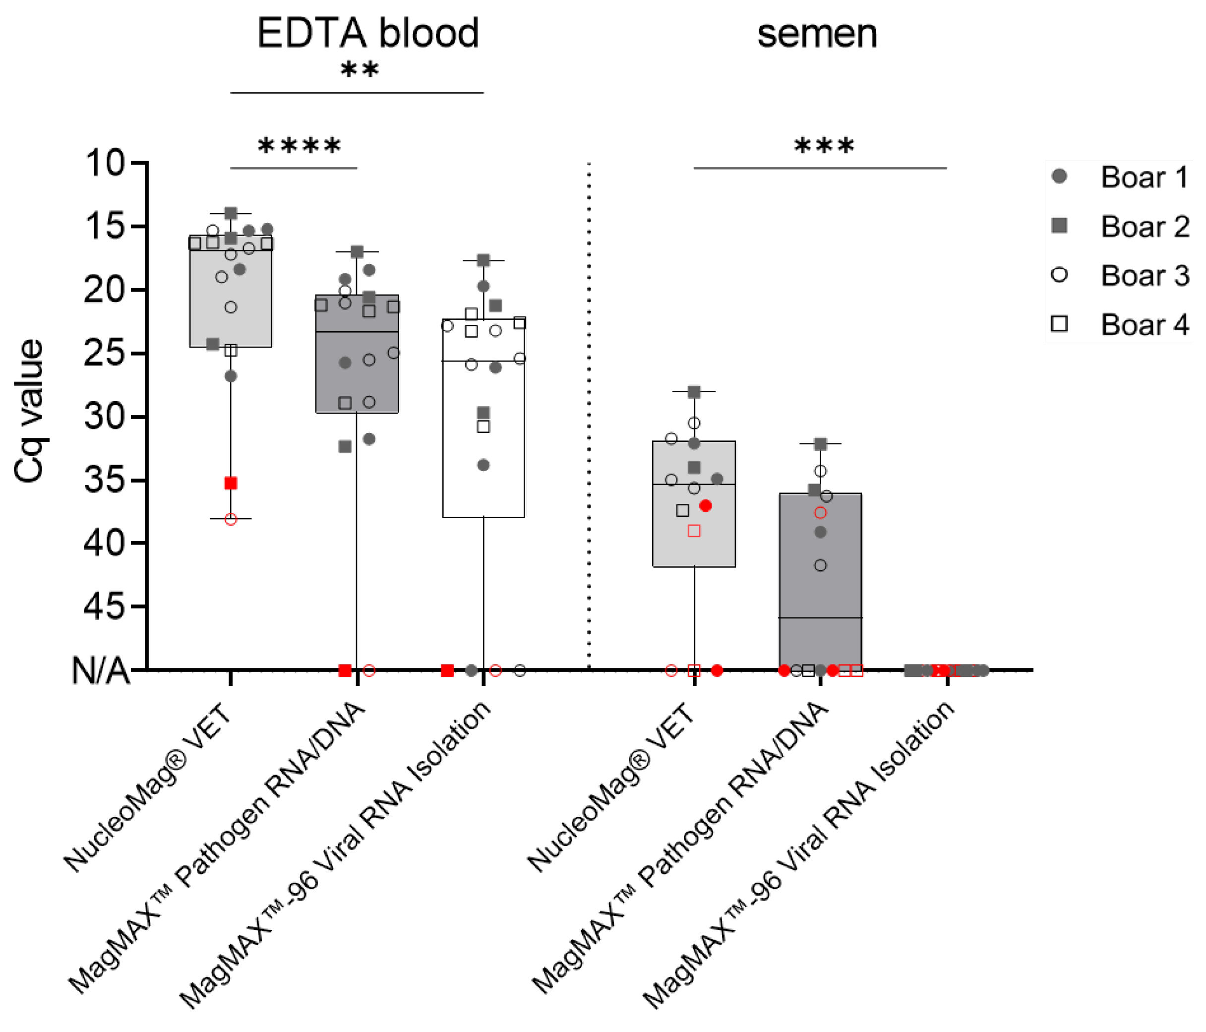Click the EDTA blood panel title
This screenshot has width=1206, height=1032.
[368, 33]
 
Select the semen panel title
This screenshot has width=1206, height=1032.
[817, 34]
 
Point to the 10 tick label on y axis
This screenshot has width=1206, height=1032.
[105, 164]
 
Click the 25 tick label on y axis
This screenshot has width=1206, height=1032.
[105, 353]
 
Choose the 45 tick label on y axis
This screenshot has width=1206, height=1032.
[105, 607]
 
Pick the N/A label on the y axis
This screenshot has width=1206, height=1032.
[100, 670]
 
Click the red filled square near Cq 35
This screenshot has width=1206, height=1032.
[231, 483]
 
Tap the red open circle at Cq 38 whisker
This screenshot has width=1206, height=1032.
[231, 519]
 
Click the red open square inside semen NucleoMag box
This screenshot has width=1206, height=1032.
[694, 531]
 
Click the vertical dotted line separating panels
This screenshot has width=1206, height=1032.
[589, 408]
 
